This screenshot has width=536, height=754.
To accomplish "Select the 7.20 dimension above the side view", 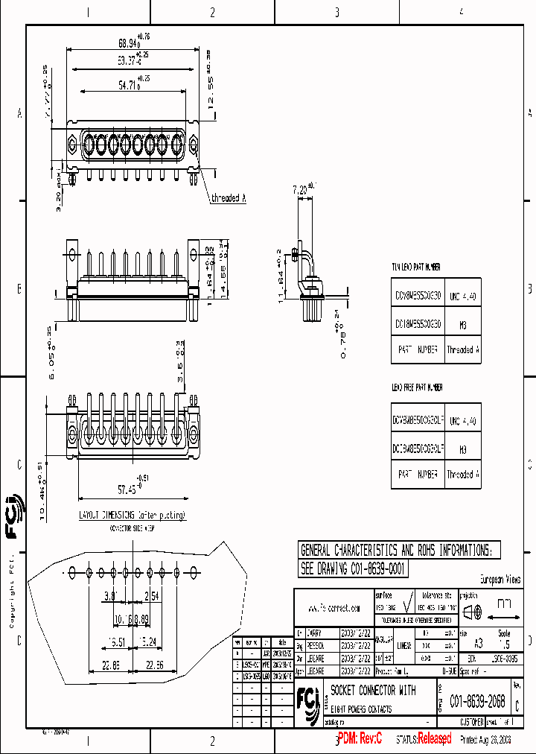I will coord(301,189).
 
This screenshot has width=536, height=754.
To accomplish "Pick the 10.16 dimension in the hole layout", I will coord(122,618).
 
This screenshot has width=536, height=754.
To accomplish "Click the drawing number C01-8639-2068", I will coord(477,702).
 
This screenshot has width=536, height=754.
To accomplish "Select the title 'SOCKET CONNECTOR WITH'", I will coord(373,691).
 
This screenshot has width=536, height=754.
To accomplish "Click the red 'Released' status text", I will coord(434,738).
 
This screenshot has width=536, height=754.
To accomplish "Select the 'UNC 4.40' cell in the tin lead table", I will coord(462,297).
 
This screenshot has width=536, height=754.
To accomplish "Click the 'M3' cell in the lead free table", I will coord(462,449).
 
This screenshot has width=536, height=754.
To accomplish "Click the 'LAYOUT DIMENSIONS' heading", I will coord(133,515).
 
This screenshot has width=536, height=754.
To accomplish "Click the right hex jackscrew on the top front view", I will coord(193,142).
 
